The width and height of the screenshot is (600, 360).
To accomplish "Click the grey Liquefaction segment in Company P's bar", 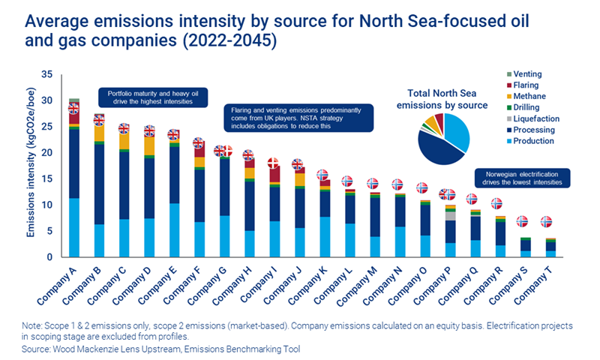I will pos(450,215).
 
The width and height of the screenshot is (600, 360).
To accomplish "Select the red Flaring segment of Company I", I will pos(274,174).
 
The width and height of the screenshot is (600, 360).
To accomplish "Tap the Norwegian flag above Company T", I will pos(547,222).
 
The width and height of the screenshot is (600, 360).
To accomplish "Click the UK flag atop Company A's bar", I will pos(73,109).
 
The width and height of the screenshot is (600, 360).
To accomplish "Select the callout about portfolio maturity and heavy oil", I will pos(152,96).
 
